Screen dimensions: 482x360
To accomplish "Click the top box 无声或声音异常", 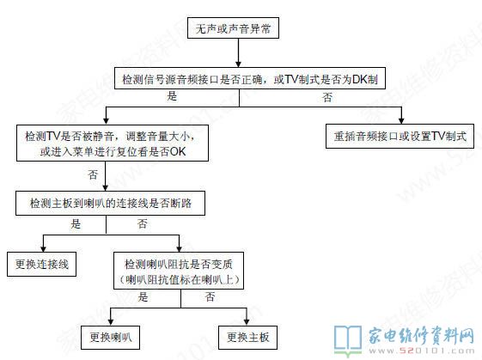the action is click(233, 28).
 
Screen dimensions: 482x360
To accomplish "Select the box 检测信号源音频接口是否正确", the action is click(250, 78).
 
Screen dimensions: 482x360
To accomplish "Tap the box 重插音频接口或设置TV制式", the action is click(400, 137).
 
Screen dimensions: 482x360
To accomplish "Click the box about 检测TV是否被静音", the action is click(113, 143).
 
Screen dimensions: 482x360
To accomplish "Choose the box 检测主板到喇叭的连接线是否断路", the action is click(110, 203).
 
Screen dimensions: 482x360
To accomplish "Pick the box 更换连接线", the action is click(42, 264).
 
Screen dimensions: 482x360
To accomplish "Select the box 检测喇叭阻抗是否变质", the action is click(179, 271).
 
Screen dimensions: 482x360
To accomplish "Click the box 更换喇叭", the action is click(110, 338).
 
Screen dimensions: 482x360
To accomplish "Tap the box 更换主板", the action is click(247, 338).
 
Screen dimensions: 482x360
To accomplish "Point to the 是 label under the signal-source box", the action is click(172, 96).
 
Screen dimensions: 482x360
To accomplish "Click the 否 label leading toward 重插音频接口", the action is click(327, 97).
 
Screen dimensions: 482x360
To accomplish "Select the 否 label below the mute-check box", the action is click(93, 175).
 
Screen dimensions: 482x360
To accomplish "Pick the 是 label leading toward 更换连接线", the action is click(76, 223).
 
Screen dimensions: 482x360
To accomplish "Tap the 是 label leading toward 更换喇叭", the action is click(143, 296).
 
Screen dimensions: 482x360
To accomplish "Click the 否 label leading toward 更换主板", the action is click(210, 296).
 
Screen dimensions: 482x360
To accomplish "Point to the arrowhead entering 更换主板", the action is click(247, 322).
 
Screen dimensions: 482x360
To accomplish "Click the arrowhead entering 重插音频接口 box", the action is click(401, 120).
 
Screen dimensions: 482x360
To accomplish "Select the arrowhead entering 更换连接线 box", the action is click(43, 248).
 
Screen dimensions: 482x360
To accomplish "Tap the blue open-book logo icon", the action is click(348, 340).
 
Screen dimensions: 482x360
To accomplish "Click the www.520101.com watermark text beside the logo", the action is click(422, 351).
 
